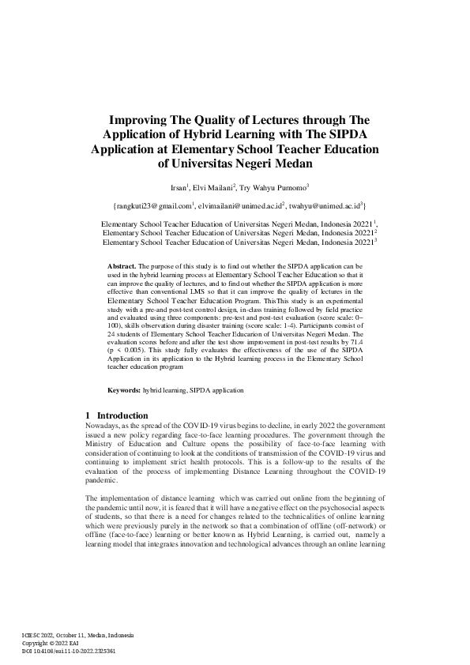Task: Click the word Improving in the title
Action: (136, 122)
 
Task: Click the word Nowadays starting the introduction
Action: (103, 426)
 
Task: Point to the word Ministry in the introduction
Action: (102, 444)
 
